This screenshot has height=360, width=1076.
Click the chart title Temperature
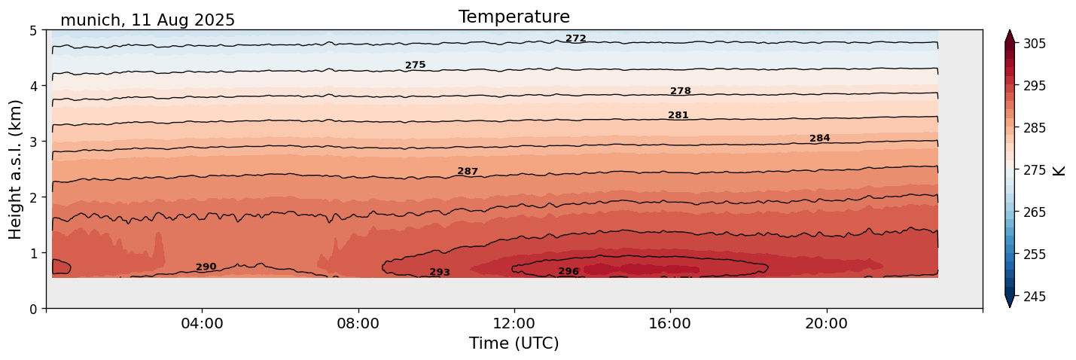pos(514,17)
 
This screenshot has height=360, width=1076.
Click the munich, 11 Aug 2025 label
pos(148,20)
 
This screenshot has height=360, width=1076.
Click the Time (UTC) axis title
pos(514,344)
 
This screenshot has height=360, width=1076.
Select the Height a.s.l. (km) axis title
pos(16,169)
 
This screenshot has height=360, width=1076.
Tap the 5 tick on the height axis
pos(33,31)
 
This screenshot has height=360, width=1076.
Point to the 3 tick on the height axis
pos(33,142)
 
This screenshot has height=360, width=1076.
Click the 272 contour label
pos(576,38)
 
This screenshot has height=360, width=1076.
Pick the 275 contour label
pos(416,66)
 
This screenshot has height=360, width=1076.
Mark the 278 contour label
pos(681,91)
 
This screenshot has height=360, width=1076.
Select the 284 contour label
pos(820,139)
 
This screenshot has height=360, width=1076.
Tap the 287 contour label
pos(468,172)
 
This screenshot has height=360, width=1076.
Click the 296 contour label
pos(568,272)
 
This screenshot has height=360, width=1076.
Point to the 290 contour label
pos(206,267)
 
